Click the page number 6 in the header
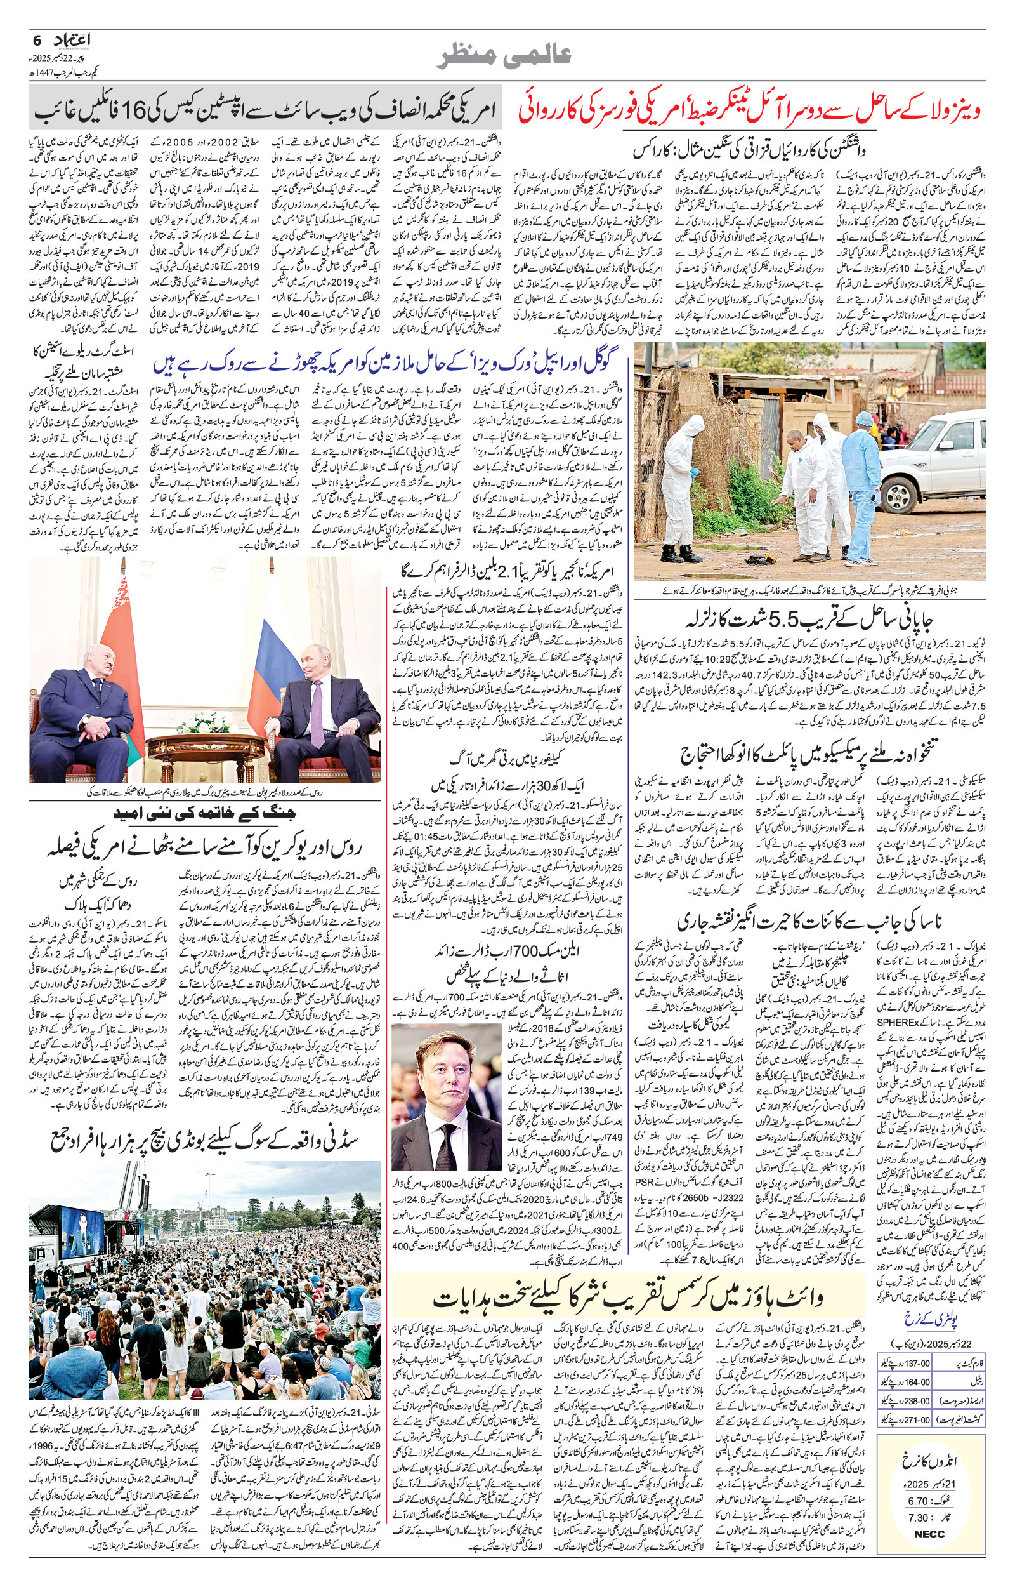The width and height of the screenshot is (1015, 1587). [x=37, y=40]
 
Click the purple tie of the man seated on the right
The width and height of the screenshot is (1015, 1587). [x=317, y=712]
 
